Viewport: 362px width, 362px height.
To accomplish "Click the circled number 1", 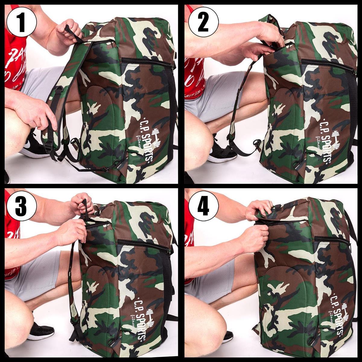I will coord(21,21).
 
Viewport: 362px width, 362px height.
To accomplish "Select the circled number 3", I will coord(21,206).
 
